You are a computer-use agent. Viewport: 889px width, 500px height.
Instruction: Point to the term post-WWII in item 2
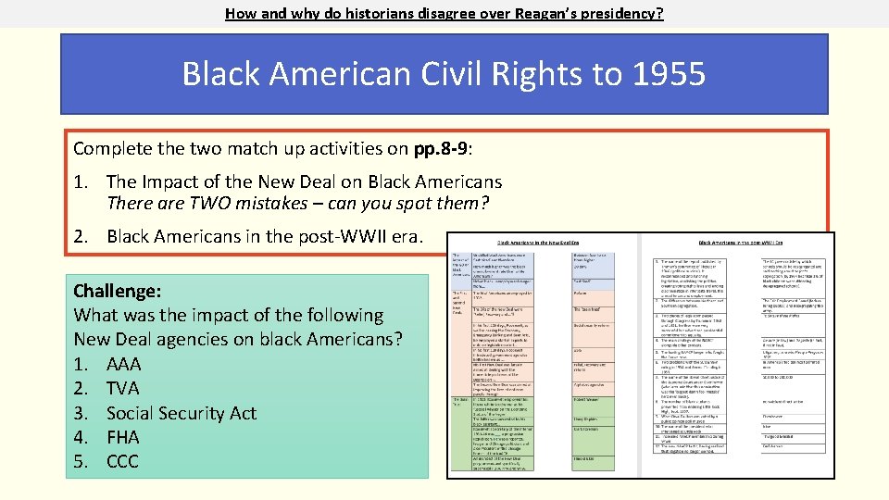(x=326, y=236)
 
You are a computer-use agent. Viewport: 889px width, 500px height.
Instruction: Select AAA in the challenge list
(x=123, y=364)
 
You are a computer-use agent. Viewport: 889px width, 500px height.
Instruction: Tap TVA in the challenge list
(x=123, y=388)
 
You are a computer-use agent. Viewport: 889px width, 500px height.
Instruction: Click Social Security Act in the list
(x=182, y=413)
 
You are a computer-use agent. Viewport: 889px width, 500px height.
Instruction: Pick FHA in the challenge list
(x=123, y=437)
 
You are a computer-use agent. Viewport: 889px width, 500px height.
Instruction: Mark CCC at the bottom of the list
(x=123, y=461)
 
